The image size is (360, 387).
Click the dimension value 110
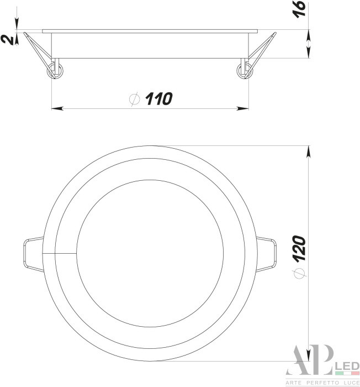(159, 100)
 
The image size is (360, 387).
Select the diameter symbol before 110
(134, 100)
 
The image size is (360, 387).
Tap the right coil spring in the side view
(243, 70)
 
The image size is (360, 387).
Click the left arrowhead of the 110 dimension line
(55, 108)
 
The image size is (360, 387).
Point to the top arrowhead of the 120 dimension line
(308, 149)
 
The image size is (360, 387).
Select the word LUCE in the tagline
(350, 383)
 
